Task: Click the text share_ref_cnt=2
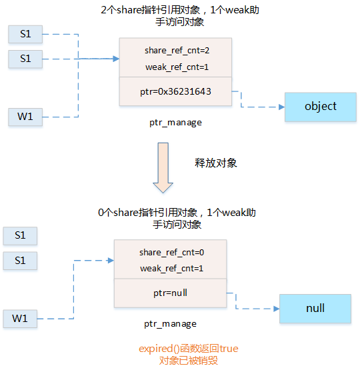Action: click(x=175, y=51)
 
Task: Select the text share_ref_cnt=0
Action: click(x=171, y=253)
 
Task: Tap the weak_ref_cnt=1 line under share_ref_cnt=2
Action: click(x=175, y=67)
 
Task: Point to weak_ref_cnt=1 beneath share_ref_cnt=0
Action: click(x=171, y=269)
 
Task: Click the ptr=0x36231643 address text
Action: click(x=175, y=91)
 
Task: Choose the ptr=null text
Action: click(x=171, y=293)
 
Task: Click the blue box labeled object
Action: click(x=320, y=107)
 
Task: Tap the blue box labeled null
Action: click(x=315, y=308)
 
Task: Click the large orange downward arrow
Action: click(x=164, y=166)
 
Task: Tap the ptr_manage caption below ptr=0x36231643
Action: click(x=175, y=123)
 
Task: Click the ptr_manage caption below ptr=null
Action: click(x=171, y=324)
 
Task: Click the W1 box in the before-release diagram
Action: click(x=25, y=117)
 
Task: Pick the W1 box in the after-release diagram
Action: click(x=20, y=319)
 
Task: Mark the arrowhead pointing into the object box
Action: click(x=281, y=107)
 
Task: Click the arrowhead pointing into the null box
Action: click(x=275, y=309)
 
